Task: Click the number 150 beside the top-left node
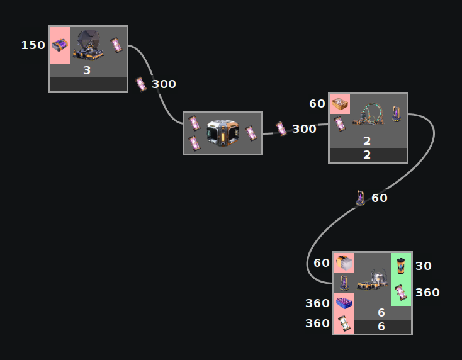33,45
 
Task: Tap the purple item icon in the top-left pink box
60,45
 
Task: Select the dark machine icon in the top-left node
87,45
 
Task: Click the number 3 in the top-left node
87,70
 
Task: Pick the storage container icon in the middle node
222,133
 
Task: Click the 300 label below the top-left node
164,84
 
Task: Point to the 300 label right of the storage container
304,129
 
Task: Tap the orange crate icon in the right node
340,103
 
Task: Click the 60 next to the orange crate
317,104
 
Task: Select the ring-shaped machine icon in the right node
368,114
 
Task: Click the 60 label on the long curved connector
380,198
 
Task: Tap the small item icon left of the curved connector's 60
360,198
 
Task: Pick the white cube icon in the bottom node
343,262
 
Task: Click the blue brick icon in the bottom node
344,303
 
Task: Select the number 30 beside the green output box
424,266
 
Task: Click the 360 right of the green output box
427,293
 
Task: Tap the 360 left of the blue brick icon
317,303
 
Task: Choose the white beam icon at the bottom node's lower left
344,323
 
